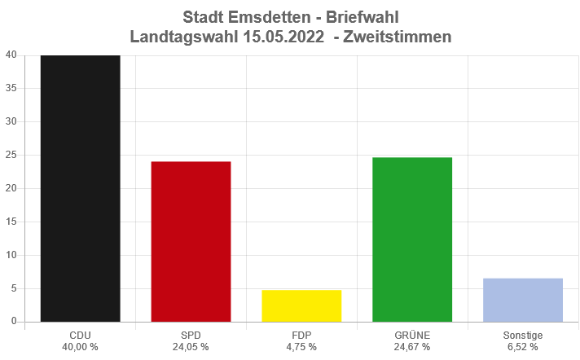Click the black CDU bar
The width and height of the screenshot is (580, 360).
(x=81, y=188)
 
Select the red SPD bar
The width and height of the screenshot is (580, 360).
(x=191, y=241)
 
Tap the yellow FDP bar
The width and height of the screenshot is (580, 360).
(x=301, y=305)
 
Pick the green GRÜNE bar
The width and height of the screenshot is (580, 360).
(x=412, y=239)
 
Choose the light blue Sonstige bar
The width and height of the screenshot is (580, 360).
(x=523, y=300)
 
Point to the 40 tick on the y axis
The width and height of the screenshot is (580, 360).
(x=11, y=55)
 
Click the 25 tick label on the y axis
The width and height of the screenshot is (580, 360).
(x=11, y=156)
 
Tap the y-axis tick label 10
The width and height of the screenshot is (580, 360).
(x=11, y=255)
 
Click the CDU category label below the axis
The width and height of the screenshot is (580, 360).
(x=81, y=335)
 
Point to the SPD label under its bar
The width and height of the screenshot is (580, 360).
(x=191, y=335)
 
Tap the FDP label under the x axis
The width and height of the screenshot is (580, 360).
(x=301, y=335)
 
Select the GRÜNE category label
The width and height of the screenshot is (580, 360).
(x=412, y=335)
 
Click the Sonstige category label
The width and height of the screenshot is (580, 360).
(x=523, y=335)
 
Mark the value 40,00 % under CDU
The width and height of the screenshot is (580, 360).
(x=81, y=347)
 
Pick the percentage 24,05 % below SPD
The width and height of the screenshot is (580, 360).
(x=191, y=347)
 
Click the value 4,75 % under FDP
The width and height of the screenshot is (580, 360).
(x=301, y=347)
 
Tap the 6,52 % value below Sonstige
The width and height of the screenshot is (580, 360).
(x=523, y=347)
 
